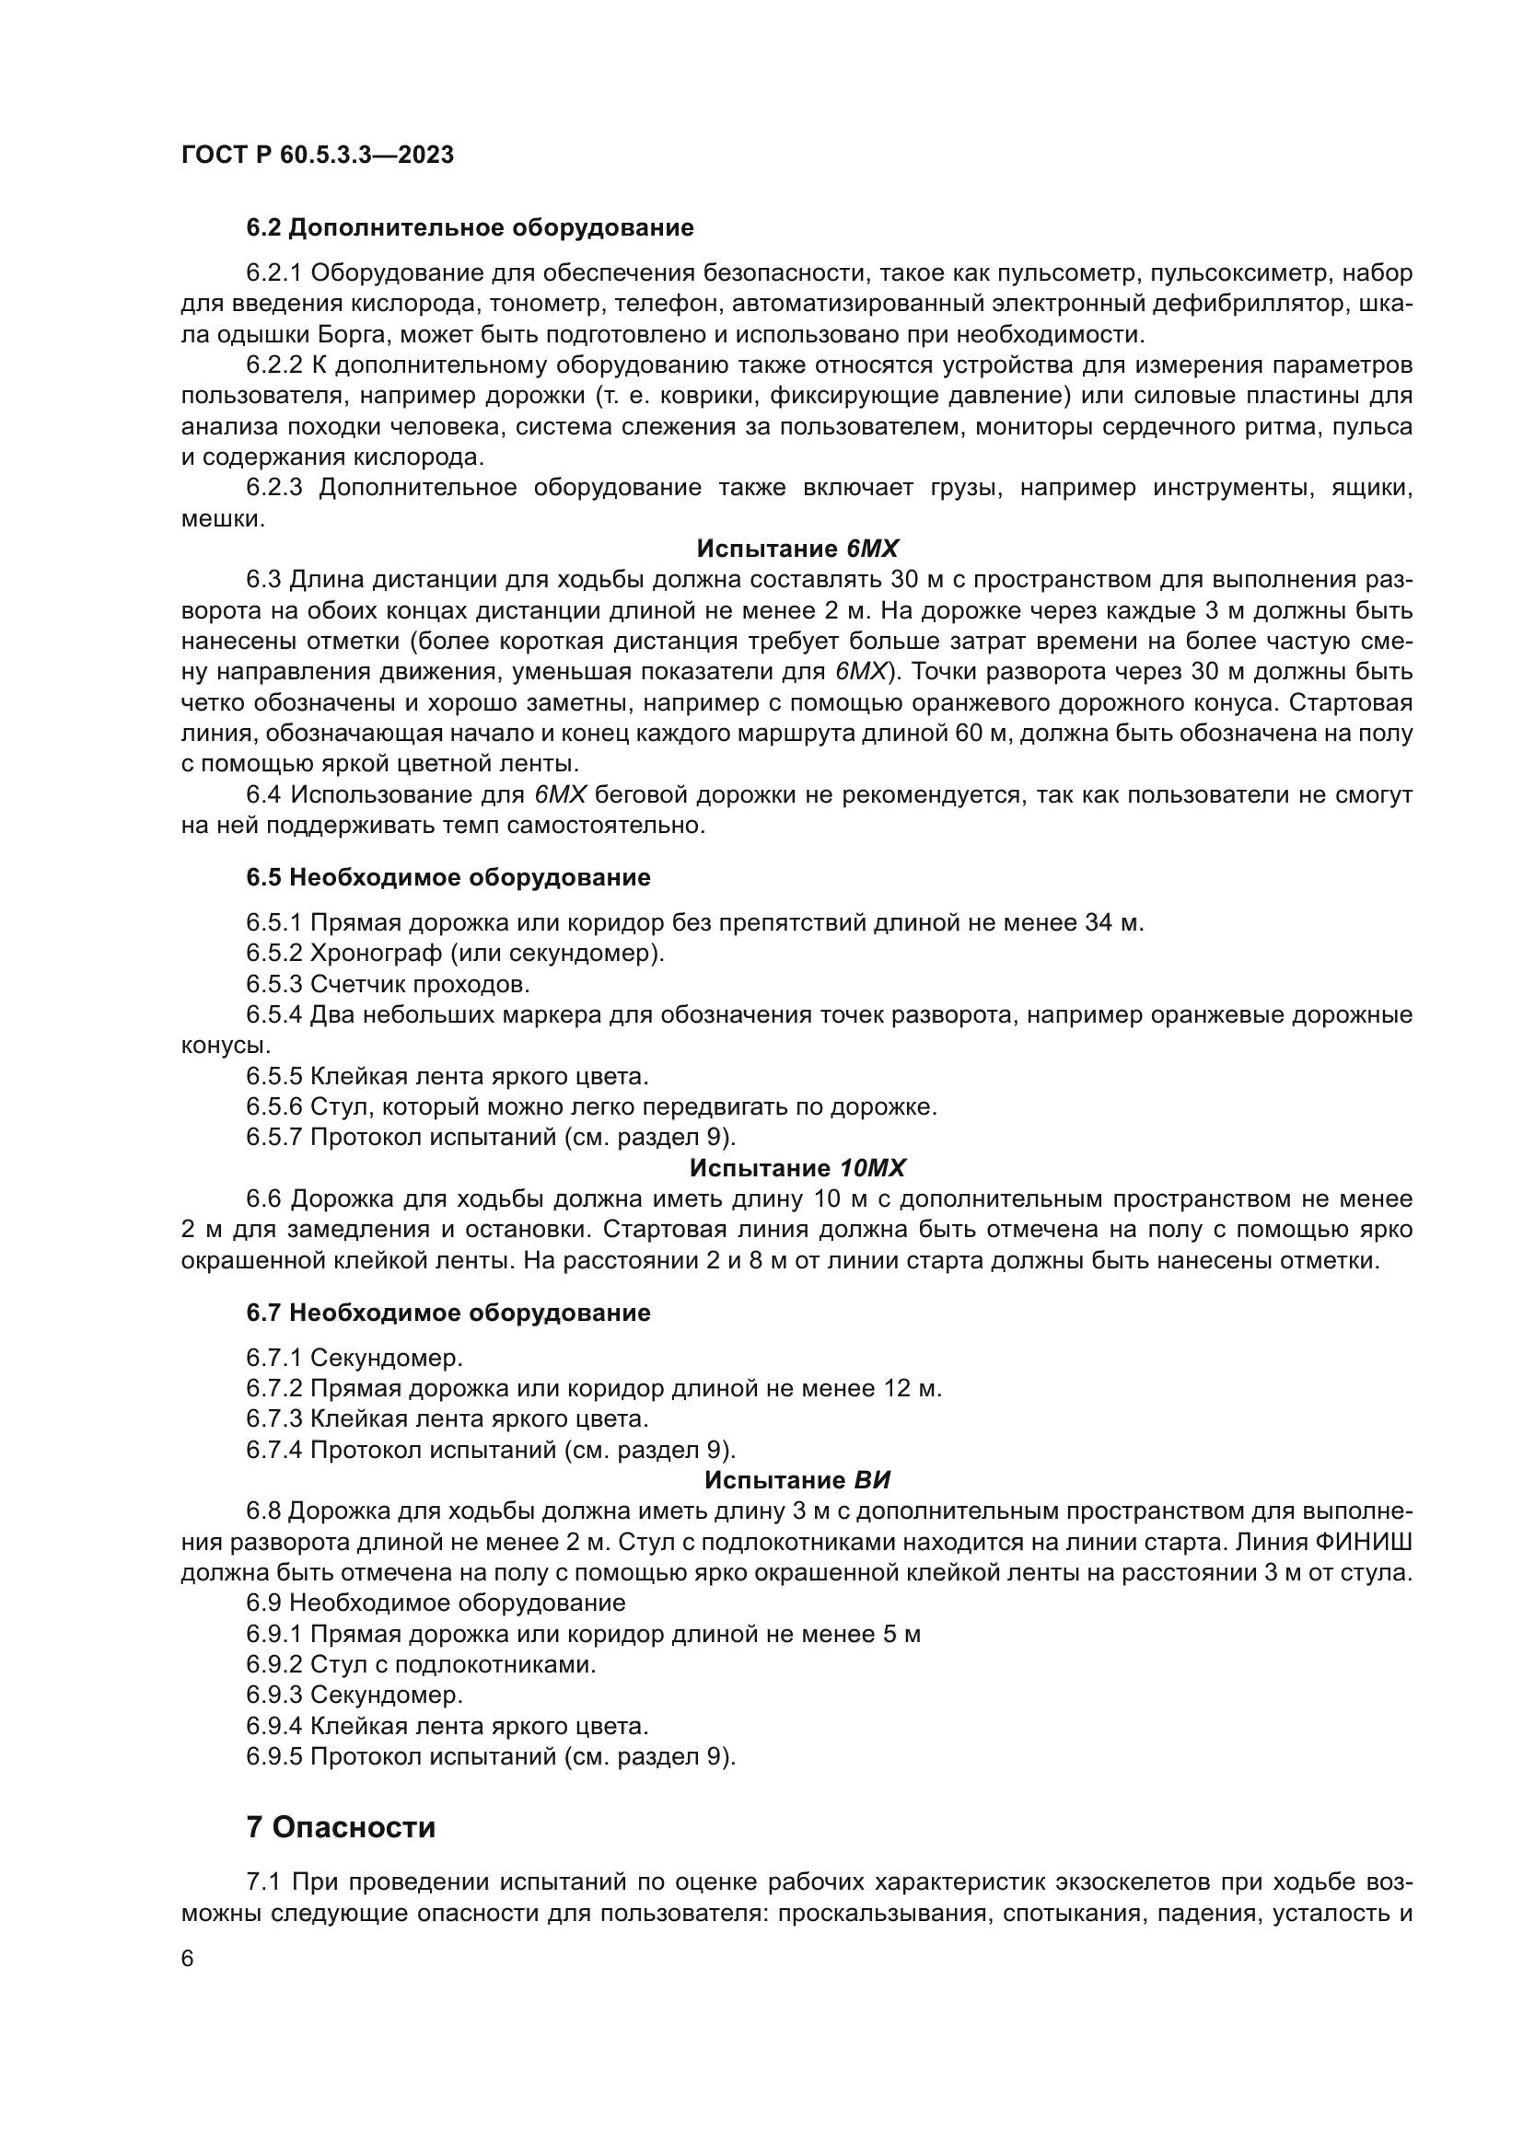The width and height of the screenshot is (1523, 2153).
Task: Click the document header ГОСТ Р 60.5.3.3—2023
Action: click(317, 155)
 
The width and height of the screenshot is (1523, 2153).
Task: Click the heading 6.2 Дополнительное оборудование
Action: click(470, 228)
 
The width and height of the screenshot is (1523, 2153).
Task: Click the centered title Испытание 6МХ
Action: click(797, 549)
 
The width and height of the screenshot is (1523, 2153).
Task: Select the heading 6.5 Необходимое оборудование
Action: click(448, 878)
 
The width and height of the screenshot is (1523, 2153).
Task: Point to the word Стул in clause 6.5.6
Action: click(339, 1106)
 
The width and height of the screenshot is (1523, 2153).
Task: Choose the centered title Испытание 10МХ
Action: click(797, 1168)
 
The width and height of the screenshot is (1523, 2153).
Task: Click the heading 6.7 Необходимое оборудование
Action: click(448, 1313)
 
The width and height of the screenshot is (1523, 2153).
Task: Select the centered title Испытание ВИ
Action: click(797, 1481)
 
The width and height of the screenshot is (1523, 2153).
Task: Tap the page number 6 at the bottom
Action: click(188, 1959)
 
